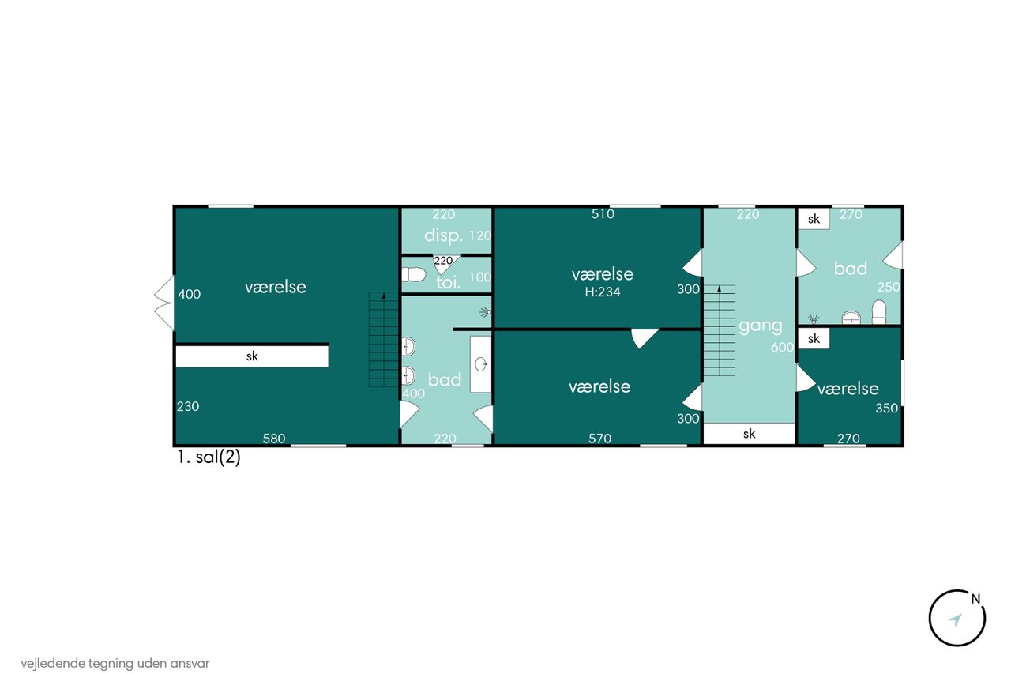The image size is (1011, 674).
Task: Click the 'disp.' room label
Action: click(443, 235)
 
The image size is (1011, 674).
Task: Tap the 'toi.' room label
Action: click(448, 283)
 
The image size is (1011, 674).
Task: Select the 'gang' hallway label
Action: click(761, 326)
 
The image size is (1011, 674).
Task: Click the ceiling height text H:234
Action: click(603, 292)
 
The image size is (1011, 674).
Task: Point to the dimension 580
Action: click(274, 439)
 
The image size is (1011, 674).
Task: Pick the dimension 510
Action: click(603, 214)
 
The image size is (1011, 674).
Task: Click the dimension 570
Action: click(599, 439)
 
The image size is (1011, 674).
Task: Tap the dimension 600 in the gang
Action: click(782, 347)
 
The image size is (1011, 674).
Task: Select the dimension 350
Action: click(887, 408)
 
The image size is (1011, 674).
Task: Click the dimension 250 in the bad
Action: click(889, 287)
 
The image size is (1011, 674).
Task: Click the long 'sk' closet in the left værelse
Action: click(252, 356)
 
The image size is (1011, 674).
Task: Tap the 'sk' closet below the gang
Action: click(750, 434)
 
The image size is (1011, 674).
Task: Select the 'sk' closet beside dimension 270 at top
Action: click(814, 219)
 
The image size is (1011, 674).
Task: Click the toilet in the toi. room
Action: click(413, 274)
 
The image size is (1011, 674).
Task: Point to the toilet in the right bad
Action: click(879, 312)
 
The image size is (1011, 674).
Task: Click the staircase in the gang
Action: click(720, 330)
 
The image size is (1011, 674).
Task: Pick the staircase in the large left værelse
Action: click(384, 340)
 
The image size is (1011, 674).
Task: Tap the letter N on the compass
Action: click(975, 599)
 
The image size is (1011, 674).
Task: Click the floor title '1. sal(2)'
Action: click(209, 457)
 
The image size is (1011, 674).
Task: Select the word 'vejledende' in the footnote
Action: click(53, 664)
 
